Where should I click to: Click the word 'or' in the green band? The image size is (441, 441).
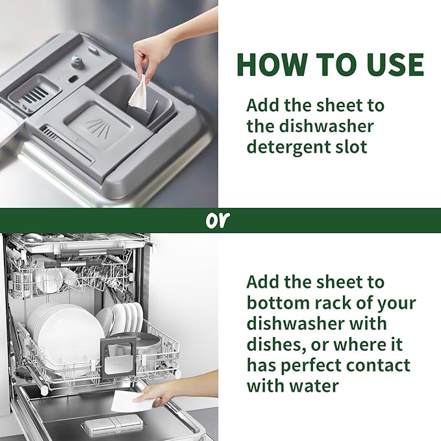tap(218, 220)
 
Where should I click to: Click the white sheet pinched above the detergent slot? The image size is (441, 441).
tap(138, 93)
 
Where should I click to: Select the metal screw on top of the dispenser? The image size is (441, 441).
tap(77, 60)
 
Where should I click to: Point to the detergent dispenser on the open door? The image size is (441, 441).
tap(105, 425)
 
